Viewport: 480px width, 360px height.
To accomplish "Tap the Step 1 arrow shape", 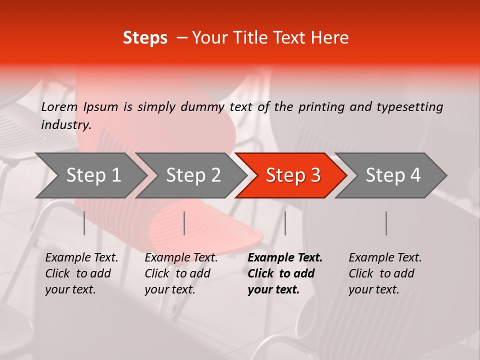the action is click(91, 175).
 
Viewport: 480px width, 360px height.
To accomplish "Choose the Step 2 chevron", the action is click(191, 175).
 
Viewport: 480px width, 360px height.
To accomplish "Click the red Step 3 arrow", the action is click(291, 175).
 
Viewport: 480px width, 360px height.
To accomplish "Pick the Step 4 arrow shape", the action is click(391, 175).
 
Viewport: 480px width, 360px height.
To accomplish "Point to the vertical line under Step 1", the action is click(84, 223).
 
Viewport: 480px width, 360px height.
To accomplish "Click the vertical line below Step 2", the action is click(184, 223).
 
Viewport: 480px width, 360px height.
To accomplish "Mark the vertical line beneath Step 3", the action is click(285, 223).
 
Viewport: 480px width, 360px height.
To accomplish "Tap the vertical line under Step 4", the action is click(386, 223).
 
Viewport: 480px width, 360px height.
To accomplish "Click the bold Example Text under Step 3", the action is click(285, 257).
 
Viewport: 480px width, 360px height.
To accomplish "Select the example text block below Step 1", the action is click(81, 273).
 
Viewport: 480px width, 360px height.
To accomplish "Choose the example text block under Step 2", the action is click(181, 273).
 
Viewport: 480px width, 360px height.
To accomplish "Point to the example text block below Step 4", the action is click(385, 273).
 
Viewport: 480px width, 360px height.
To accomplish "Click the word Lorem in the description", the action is click(59, 107).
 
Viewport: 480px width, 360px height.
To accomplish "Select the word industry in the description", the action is click(65, 125).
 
